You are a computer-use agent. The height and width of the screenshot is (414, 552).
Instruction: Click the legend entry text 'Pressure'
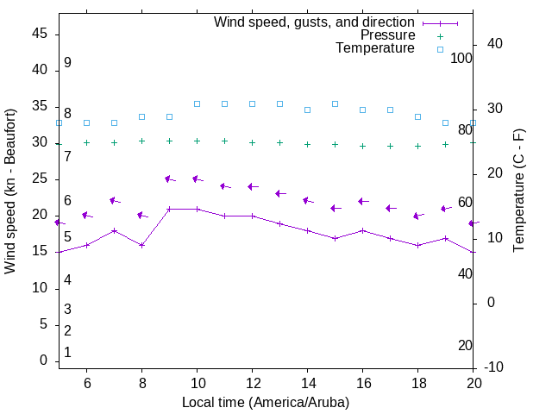pos(387,35)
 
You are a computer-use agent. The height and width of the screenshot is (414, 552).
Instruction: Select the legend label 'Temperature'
pos(375,48)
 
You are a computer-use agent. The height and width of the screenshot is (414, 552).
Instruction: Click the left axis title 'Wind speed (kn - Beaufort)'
pos(10,191)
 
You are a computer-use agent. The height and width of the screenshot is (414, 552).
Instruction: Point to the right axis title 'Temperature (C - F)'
pos(518,191)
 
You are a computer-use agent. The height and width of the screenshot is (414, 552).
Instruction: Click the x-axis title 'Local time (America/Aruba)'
pos(266,402)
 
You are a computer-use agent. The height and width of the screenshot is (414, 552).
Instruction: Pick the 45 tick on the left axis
pos(39,33)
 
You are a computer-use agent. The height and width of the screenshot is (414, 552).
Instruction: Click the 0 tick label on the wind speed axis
pos(43,361)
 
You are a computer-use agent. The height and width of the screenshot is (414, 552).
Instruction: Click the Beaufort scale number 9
pos(67,63)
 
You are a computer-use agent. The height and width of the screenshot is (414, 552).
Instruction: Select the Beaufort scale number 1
pos(67,353)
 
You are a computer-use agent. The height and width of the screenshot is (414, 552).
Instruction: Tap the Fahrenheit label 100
pos(461,58)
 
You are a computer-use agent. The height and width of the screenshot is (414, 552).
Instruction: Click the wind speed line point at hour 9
pos(169,209)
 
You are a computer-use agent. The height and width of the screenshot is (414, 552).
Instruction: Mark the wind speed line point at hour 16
pos(362,230)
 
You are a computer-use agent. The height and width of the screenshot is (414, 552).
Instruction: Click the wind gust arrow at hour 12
pos(252,186)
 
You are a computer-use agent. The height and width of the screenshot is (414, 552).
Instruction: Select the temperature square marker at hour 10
pos(197,103)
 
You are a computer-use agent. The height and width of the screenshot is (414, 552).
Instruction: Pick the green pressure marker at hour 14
pos(307,144)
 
